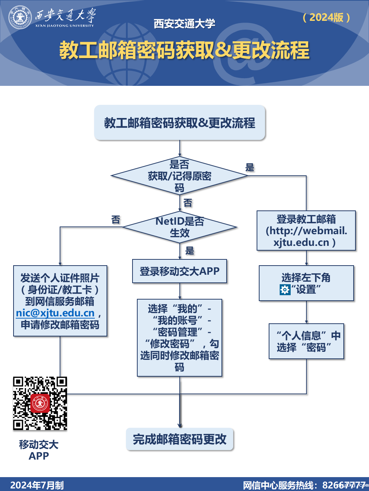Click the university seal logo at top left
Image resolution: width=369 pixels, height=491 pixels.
pos(20,18)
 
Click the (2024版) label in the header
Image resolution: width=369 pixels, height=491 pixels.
pos(326,17)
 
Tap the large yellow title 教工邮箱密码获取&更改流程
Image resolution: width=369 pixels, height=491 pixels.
pos(184,50)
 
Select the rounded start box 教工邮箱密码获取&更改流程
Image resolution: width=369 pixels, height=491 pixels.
pos(179,123)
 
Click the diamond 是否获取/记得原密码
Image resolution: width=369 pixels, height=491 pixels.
pos(179,176)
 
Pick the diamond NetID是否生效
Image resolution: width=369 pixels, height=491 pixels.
pos(179,227)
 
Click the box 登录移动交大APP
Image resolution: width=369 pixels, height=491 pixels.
pos(179,271)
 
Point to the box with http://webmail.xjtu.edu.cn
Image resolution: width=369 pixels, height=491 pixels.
pos(306,231)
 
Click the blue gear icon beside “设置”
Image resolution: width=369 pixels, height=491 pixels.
pos(284,290)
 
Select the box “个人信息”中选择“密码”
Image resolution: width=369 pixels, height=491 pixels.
pos(306,341)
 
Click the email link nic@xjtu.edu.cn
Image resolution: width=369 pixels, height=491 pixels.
pos(55,313)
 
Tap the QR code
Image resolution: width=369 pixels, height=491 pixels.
pos(40,403)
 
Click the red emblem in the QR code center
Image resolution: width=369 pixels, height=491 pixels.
pos(40,403)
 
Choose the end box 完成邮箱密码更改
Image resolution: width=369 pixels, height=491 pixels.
pos(179,439)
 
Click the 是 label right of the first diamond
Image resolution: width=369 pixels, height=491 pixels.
pos(250,168)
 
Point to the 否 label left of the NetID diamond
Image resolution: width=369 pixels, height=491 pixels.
pos(116,220)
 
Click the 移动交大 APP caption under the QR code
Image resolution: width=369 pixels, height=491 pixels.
pos(39,450)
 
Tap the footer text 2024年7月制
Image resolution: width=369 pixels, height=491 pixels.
pos(37,485)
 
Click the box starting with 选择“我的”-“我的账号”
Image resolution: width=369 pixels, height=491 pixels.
pos(179,338)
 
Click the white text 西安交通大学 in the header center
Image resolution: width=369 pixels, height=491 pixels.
pos(184,24)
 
